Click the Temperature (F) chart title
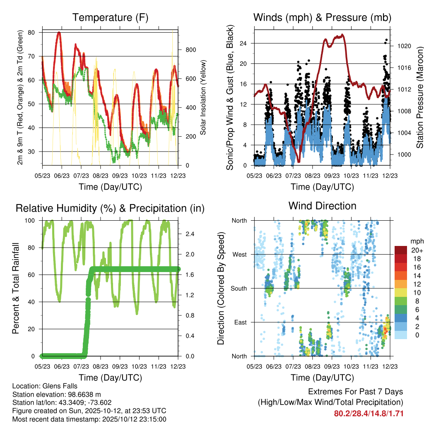click(x=110, y=17)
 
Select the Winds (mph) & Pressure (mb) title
click(x=322, y=17)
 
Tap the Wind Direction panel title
click(x=322, y=206)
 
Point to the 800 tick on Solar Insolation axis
click(x=190, y=50)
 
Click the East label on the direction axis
click(x=240, y=322)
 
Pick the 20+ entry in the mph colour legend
click(x=416, y=250)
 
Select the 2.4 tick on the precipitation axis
click(x=190, y=234)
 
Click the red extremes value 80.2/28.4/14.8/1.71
click(x=369, y=413)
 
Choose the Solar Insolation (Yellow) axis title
click(x=203, y=98)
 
